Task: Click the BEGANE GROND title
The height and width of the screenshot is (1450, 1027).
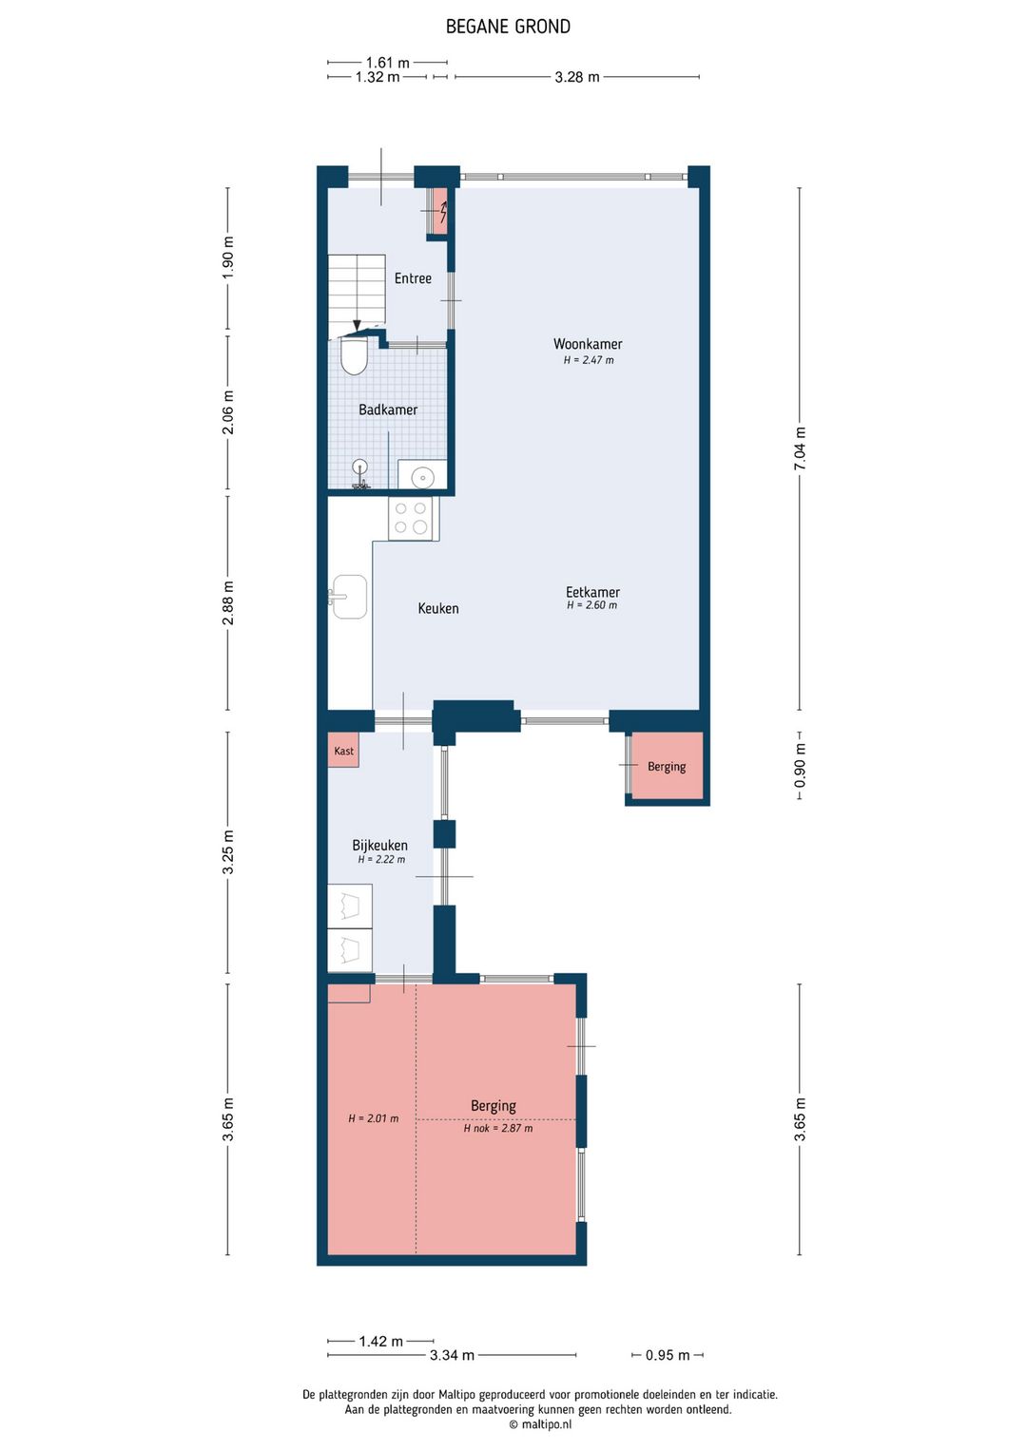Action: click(508, 27)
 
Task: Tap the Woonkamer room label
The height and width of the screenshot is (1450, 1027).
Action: click(588, 344)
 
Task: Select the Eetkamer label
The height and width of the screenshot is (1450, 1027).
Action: click(592, 592)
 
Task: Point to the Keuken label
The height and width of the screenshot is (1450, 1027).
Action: click(438, 608)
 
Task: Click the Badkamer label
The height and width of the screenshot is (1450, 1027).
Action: click(387, 410)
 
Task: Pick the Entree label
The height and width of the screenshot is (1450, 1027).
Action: click(413, 277)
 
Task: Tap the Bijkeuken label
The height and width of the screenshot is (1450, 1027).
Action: click(379, 845)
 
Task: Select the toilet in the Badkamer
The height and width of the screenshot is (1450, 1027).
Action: click(353, 356)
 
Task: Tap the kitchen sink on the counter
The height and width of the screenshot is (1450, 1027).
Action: click(349, 596)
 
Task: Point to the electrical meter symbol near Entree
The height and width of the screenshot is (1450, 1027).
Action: click(440, 210)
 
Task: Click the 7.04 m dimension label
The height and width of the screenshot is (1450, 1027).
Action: click(801, 449)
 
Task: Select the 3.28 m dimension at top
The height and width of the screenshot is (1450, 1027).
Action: click(576, 77)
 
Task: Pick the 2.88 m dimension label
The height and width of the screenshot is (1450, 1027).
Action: click(228, 602)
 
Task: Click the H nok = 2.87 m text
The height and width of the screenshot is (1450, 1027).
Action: click(497, 1128)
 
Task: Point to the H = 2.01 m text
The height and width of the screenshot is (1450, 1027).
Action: click(373, 1118)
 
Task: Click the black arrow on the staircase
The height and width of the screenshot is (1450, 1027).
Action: click(357, 326)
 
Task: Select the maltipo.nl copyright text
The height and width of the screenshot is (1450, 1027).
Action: click(540, 1423)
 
